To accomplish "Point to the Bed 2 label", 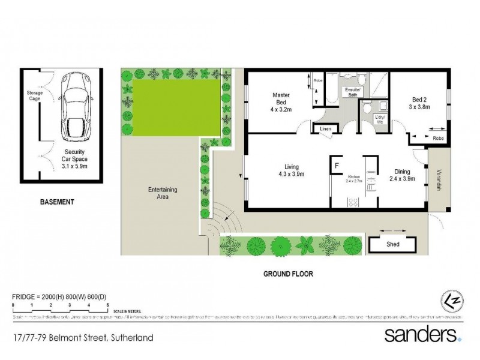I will click(420, 100).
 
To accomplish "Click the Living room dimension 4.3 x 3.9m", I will click(292, 175).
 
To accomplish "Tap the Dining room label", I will click(401, 170).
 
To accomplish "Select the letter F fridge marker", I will click(338, 165).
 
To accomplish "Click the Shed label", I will click(392, 244).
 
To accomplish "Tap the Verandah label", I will click(437, 179).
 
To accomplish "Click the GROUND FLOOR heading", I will click(289, 274).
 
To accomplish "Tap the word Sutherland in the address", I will click(130, 338).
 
